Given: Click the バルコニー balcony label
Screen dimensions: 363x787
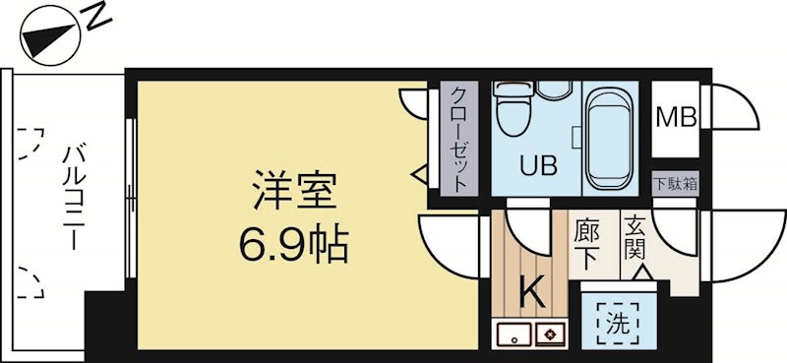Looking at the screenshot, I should pos(74,197).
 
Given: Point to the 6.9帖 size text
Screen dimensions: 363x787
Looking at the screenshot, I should pos(294,242).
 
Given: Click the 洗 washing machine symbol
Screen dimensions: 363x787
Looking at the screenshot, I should pos(616,320).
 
